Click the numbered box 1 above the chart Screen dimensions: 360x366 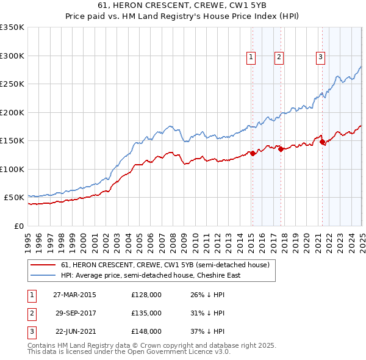tap(251, 57)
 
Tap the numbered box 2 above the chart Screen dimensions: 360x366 tap(279, 57)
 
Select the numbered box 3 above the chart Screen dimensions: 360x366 tap(320, 57)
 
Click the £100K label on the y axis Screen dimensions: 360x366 tap(13, 169)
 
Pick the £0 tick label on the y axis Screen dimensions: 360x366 tap(19, 226)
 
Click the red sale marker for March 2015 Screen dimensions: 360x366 tap(253, 153)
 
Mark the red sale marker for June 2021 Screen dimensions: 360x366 tap(322, 142)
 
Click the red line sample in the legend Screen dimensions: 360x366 tap(43, 265)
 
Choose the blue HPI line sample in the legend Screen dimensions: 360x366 tap(43, 275)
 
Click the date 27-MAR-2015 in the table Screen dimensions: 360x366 tap(74, 294)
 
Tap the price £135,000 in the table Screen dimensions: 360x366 tap(146, 313)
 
